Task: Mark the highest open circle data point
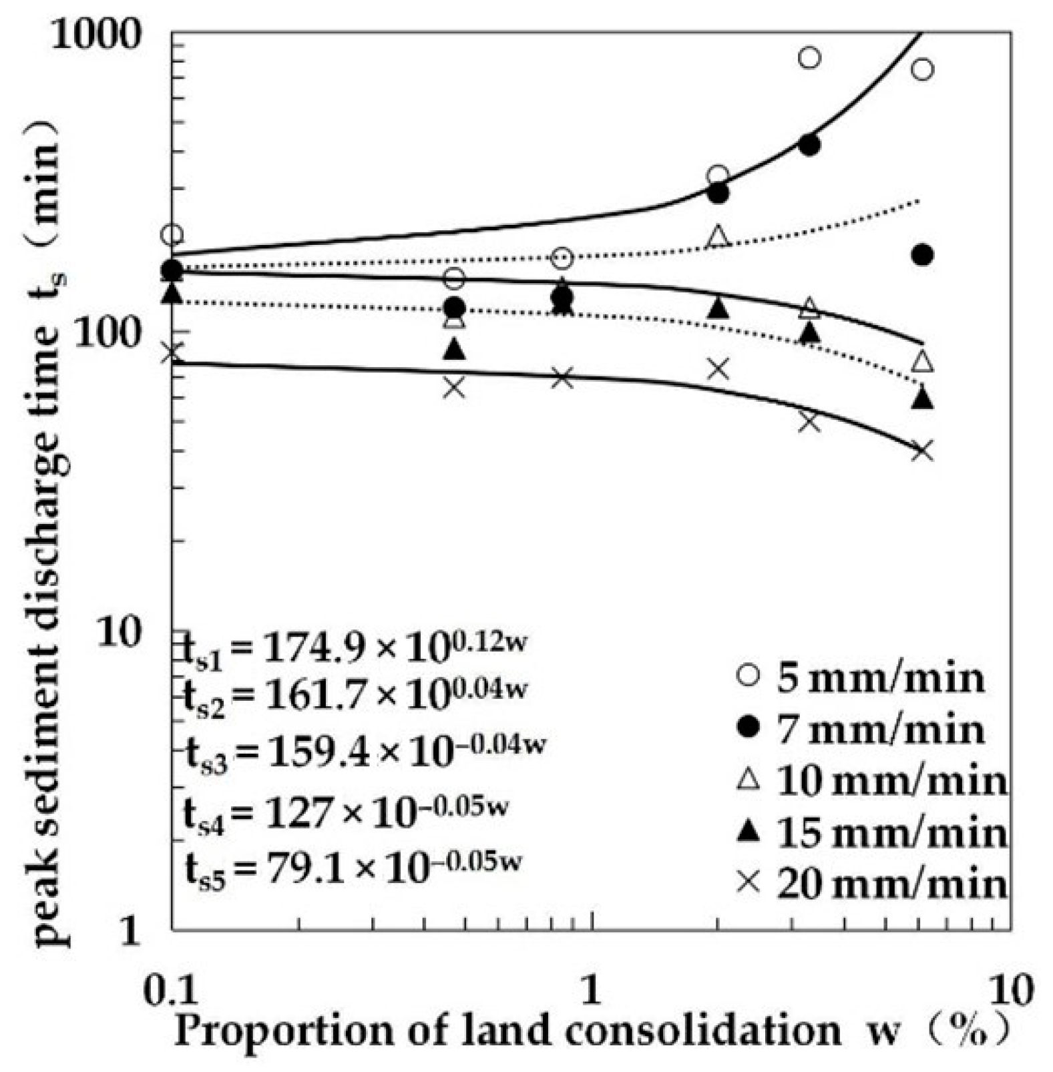pyautogui.click(x=809, y=58)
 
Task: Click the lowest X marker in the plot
pyautogui.click(x=922, y=451)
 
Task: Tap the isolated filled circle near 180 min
pyautogui.click(x=922, y=254)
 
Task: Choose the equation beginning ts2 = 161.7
pyautogui.click(x=354, y=696)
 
